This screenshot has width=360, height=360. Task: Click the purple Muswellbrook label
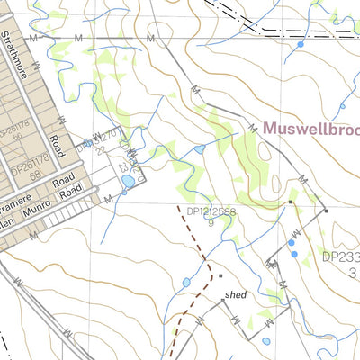pyautogui.click(x=310, y=128)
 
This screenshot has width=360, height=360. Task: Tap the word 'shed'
pyautogui.click(x=236, y=295)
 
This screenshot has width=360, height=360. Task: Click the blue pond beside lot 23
pyautogui.click(x=128, y=181)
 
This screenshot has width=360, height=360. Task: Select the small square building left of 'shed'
pyautogui.click(x=220, y=274)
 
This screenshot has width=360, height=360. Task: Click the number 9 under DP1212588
pyautogui.click(x=210, y=223)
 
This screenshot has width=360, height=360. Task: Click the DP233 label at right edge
pyautogui.click(x=340, y=256)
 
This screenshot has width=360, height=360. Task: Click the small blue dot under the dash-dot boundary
pyautogui.click(x=300, y=43)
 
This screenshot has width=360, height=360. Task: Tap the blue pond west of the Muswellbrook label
pyautogui.click(x=198, y=148)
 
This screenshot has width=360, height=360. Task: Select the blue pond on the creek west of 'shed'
pyautogui.click(x=186, y=283)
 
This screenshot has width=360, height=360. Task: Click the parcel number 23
pyautogui.click(x=123, y=166)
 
